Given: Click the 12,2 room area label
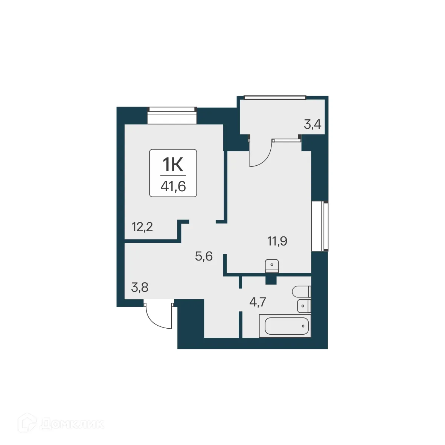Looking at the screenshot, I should tap(142, 227).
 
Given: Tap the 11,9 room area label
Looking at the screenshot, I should tap(277, 241).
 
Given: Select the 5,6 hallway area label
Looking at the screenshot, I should tap(204, 256).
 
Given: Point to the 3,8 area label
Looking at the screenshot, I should tap(140, 288).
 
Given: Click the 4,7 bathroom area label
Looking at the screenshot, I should tap(258, 302).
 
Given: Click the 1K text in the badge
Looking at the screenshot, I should tap(173, 165).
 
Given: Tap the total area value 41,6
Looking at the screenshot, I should tap(173, 186).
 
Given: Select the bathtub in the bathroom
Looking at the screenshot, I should tap(287, 326).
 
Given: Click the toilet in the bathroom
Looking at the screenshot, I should tap(302, 291).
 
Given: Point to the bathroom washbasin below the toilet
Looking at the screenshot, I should tap(303, 306).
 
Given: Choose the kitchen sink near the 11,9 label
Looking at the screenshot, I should tap(271, 265).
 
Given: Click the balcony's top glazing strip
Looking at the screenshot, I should tap(275, 98).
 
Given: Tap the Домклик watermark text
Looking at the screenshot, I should tap(72, 424).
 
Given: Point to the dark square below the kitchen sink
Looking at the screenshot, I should tap(271, 280).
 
